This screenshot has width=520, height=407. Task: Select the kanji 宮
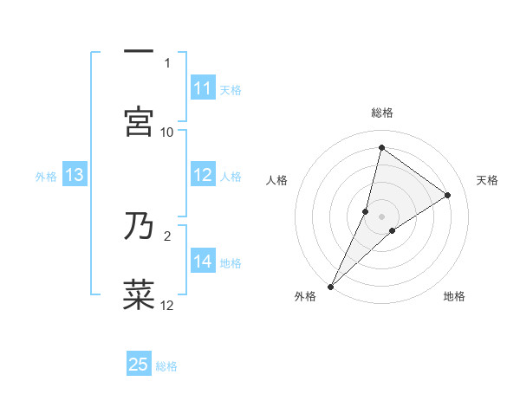point(139,121)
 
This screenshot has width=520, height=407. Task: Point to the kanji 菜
point(139,294)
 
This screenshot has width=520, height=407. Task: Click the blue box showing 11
point(203,88)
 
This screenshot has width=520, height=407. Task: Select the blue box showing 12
point(203,175)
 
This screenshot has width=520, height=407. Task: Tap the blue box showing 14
point(203,262)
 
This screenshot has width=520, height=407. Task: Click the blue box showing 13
point(75,176)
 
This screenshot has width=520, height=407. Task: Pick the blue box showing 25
point(139,365)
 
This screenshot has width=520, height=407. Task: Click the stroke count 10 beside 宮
point(167,132)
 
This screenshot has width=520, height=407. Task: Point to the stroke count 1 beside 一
point(167,62)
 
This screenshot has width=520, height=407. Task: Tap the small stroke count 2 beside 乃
point(167,235)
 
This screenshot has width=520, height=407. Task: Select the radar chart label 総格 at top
point(381,113)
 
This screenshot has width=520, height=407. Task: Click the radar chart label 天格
point(487,180)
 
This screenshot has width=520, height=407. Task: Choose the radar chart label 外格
point(304,296)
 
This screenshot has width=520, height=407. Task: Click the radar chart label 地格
point(454,296)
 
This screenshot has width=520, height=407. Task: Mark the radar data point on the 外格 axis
point(330,286)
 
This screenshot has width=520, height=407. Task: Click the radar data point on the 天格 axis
point(448,195)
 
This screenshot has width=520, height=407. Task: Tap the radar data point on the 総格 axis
point(381,147)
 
